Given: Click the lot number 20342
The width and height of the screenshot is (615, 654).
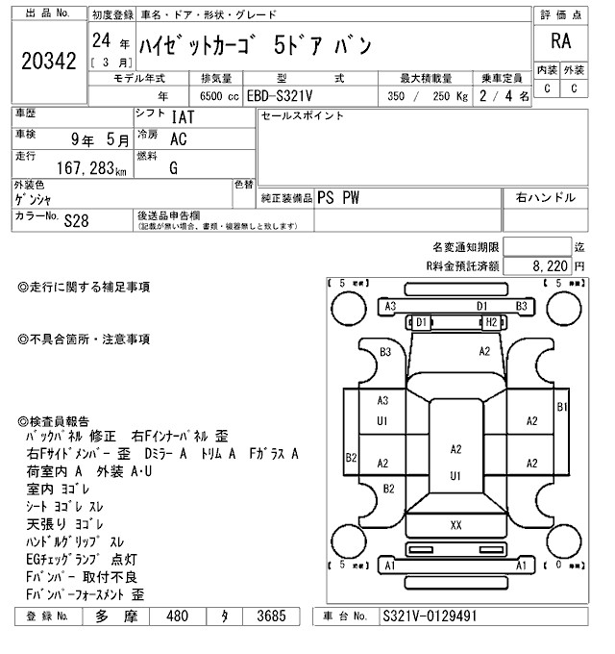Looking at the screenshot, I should click(48, 62).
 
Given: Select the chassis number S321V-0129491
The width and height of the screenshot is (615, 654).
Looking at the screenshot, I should click(430, 616).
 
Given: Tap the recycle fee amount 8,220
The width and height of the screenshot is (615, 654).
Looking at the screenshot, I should click(552, 264).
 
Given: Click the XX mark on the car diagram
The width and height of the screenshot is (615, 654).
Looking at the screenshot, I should click(455, 524).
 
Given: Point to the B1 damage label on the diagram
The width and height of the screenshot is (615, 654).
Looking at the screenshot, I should click(562, 408).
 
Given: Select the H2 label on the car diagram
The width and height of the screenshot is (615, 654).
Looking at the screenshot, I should click(490, 322).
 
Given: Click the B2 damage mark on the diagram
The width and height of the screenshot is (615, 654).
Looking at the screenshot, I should click(352, 457).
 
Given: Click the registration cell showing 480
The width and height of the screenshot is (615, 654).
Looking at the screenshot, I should click(176, 616).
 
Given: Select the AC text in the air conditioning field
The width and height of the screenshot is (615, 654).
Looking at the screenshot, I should click(178, 138).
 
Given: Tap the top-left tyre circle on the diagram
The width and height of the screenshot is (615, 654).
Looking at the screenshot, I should click(346, 307).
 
